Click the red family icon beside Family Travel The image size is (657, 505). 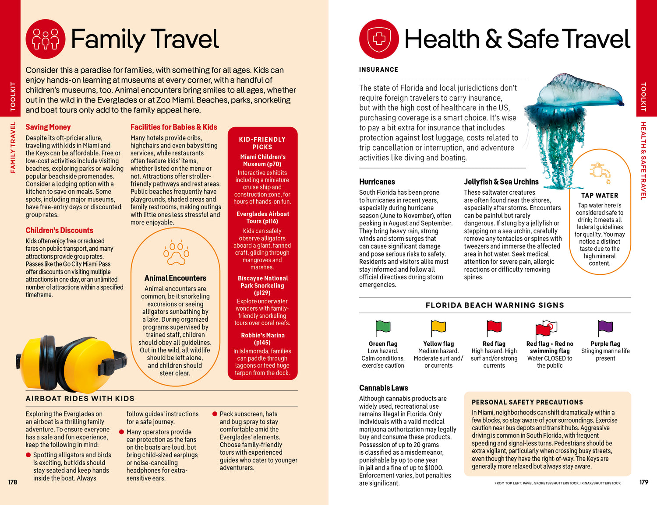point(46,39)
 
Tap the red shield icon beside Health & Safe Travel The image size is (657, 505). point(379,39)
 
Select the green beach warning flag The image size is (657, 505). point(383,327)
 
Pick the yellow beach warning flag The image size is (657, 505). point(438,327)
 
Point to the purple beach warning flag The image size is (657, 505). point(605,327)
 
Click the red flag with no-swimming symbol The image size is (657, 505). point(546,328)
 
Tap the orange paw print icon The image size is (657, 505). point(176,253)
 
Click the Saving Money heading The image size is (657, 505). point(48,127)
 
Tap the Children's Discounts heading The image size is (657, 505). point(59,231)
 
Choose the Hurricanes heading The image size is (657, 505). point(377,182)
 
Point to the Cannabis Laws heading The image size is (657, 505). point(384,388)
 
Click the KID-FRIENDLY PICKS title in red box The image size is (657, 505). point(262,143)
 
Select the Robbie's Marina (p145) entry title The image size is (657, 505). point(262,339)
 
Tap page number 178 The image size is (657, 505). point(13,482)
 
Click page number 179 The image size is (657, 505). point(643,482)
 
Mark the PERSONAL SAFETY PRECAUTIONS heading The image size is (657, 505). point(527,402)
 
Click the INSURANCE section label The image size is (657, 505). point(378,70)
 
